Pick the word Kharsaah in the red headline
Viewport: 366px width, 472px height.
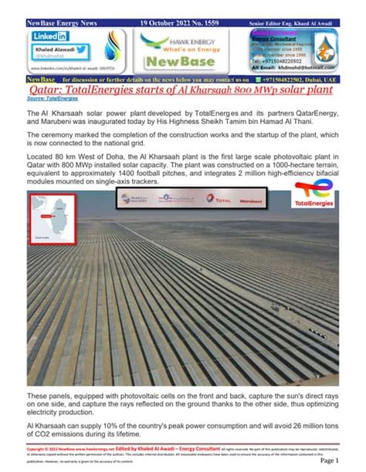click(231, 89)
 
